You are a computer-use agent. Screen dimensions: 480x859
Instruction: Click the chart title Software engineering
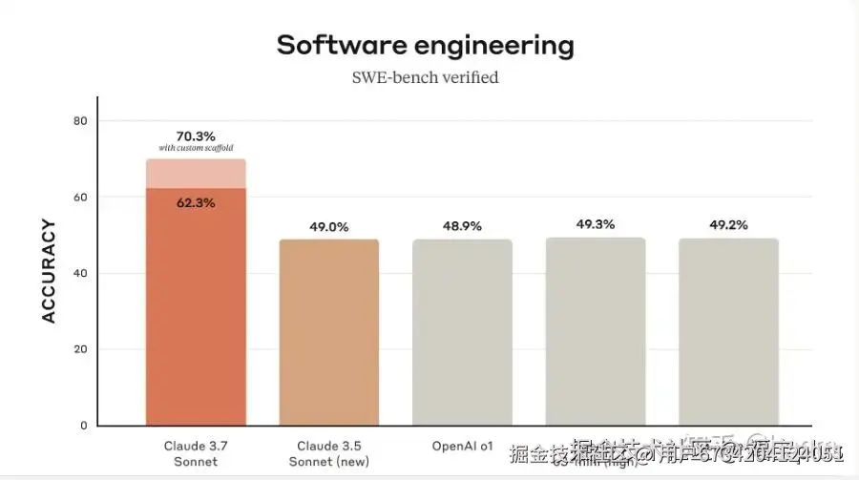pos(426,45)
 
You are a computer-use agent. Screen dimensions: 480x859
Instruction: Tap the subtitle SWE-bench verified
pos(426,77)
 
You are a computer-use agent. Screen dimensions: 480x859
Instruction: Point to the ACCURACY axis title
pos(50,272)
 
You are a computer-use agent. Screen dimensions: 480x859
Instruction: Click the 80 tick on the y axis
pos(80,121)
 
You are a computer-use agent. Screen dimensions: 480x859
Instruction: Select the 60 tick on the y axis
pos(80,198)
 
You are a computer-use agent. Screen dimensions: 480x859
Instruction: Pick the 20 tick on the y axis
pos(80,349)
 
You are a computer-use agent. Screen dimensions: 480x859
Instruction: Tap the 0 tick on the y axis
pos(84,426)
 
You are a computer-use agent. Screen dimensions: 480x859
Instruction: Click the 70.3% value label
pos(196,136)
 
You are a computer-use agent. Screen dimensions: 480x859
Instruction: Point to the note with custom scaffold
pos(196,148)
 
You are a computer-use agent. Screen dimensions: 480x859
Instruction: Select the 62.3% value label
pos(196,202)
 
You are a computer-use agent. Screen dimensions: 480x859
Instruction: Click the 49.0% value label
pos(329,227)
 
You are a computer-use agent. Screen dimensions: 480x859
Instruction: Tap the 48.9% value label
pos(462,227)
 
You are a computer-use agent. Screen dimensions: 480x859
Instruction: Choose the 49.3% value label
pos(596,224)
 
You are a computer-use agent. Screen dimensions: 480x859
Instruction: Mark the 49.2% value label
pos(728,226)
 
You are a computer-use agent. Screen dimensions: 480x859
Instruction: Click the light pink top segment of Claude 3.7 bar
pos(196,174)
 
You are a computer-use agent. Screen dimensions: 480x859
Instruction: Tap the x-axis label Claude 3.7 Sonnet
pos(196,453)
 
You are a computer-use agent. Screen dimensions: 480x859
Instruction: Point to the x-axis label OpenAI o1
pos(462,446)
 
